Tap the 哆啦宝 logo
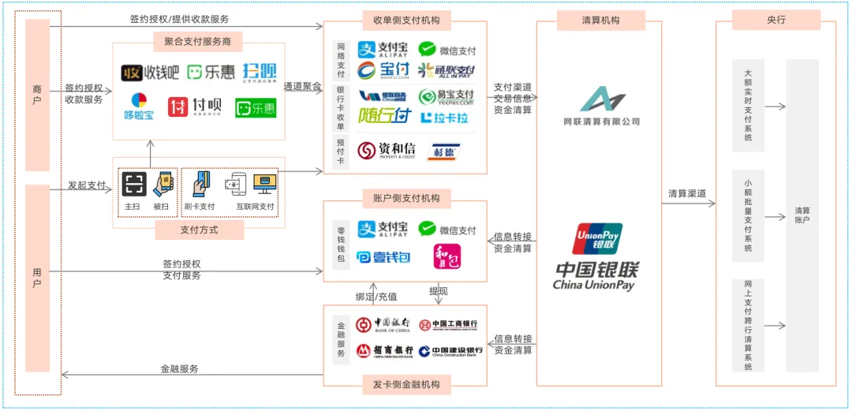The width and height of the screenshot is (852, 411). click(139, 106)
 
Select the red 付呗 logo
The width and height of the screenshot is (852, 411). click(194, 106)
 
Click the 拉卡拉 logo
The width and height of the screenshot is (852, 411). click(446, 117)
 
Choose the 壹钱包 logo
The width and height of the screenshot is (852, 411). click(383, 257)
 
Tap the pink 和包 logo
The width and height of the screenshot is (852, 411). click(447, 256)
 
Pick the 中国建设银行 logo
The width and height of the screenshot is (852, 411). click(450, 351)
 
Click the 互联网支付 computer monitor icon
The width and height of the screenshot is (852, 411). click(264, 184)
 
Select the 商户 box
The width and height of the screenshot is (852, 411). click(37, 95)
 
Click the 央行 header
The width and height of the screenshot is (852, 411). click(776, 21)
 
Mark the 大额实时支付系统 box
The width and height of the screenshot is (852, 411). click(748, 105)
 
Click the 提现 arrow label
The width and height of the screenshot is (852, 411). click(439, 291)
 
